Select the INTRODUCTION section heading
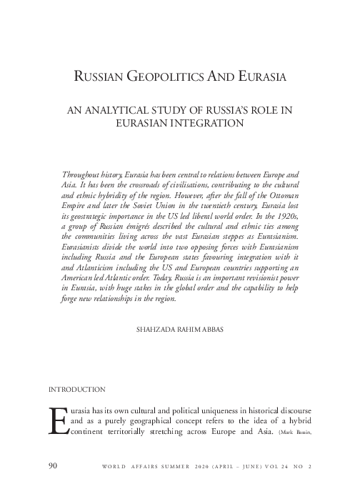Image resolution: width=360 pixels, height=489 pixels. pos(76,390)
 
